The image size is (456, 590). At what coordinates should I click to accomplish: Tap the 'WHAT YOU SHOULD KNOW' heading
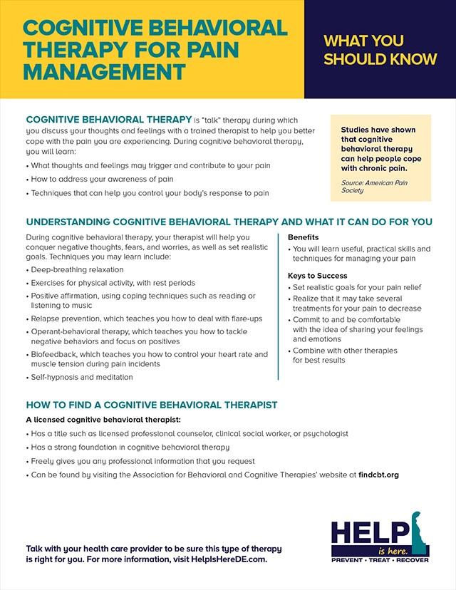click(380, 50)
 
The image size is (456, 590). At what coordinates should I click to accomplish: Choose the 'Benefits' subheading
click(304, 237)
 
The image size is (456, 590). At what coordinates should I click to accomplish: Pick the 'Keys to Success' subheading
click(317, 275)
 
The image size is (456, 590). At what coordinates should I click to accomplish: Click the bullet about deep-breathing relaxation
click(77, 270)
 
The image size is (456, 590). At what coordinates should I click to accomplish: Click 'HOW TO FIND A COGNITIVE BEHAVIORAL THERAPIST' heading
click(151, 405)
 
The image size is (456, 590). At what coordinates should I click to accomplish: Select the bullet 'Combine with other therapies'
click(346, 351)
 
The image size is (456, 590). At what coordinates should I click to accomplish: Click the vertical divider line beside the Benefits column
click(279, 306)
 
